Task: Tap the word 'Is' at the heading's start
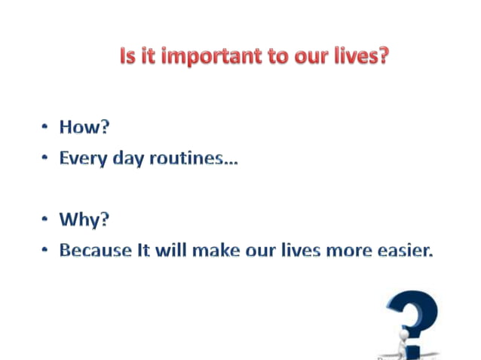(128, 56)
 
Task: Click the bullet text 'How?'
(84, 127)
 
